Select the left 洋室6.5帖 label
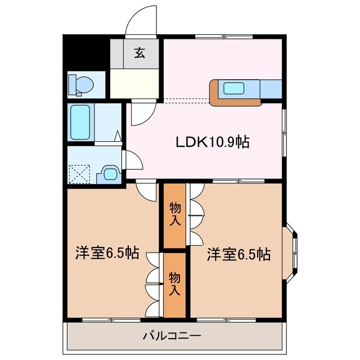point(107,254)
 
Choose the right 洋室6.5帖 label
point(238,254)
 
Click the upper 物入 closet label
point(175,214)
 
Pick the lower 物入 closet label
point(175,284)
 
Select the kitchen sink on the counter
point(232,88)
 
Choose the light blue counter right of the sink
point(270,88)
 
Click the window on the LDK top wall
point(223,37)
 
